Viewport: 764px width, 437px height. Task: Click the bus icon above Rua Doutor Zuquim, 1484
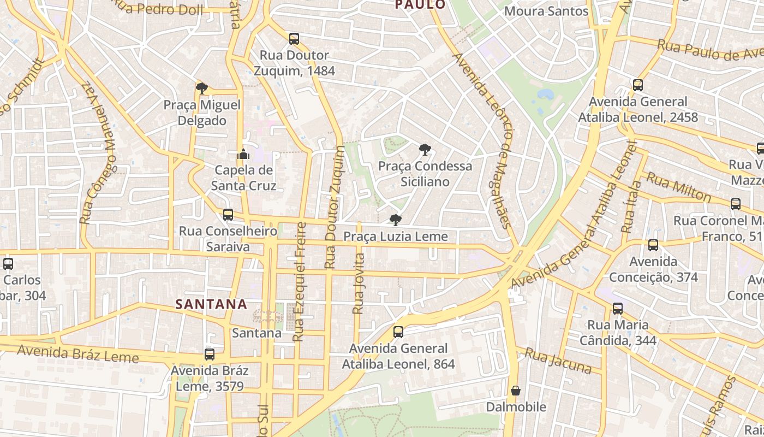click(x=294, y=39)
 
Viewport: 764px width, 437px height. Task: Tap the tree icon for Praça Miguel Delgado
click(x=202, y=88)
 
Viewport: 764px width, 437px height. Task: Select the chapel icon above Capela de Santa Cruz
click(x=243, y=154)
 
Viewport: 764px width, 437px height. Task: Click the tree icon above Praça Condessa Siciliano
click(x=425, y=149)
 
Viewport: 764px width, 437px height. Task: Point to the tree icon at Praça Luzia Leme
click(x=396, y=220)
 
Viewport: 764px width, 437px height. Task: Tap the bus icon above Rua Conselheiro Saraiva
click(x=228, y=215)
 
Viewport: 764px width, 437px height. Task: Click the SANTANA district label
click(x=211, y=304)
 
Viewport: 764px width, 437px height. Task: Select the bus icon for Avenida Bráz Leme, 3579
click(x=210, y=355)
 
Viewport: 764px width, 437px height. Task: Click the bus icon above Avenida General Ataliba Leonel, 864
click(x=398, y=332)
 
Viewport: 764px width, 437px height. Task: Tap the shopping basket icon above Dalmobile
click(x=516, y=391)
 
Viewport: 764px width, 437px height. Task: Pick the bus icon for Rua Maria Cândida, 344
click(x=617, y=309)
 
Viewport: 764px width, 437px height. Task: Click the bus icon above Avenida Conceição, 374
click(x=653, y=245)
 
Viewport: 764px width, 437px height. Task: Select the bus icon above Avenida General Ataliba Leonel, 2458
click(x=638, y=85)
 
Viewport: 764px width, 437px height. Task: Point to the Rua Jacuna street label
click(x=558, y=361)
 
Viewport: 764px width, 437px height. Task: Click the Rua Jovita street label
click(x=358, y=283)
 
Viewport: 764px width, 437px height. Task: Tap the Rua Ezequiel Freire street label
click(x=300, y=282)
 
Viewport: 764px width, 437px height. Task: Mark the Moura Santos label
click(x=546, y=11)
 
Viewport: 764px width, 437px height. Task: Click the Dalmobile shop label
click(x=516, y=407)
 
